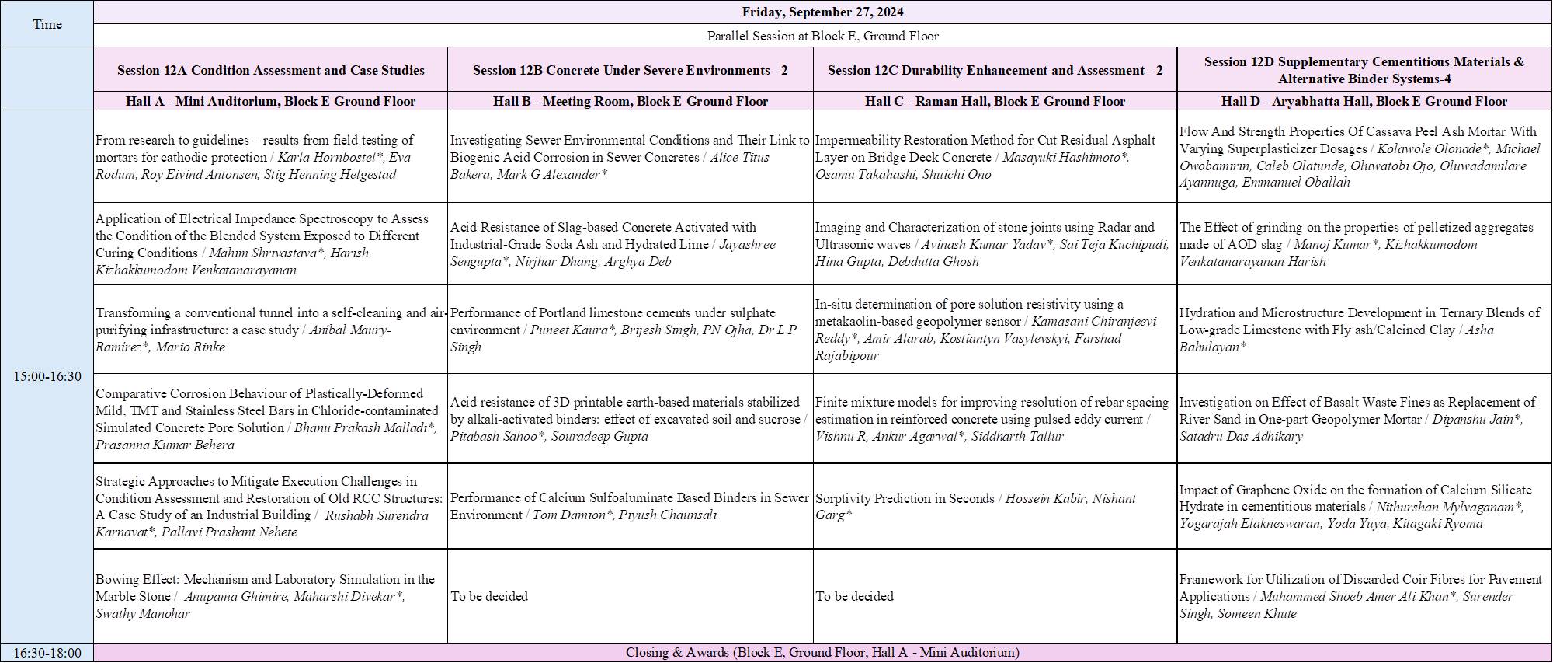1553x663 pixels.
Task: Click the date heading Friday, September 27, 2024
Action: (822, 12)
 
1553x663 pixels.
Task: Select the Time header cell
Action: (47, 24)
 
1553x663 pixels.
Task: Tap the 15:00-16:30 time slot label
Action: (47, 376)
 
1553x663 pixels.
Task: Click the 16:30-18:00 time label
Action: (47, 653)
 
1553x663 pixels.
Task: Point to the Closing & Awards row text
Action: (822, 653)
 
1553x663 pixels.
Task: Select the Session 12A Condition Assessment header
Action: (270, 70)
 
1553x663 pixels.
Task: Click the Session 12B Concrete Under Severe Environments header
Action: (630, 70)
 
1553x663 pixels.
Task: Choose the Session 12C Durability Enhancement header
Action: (995, 70)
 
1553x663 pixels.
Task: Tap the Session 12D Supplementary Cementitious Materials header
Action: (1364, 70)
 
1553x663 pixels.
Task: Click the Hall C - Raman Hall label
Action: (995, 101)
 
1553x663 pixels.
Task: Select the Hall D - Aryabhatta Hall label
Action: (1364, 101)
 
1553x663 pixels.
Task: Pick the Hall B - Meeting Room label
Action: (630, 101)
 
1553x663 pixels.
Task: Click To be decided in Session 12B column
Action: (489, 596)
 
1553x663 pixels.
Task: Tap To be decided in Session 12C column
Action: (854, 596)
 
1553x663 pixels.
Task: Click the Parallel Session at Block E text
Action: (822, 36)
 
